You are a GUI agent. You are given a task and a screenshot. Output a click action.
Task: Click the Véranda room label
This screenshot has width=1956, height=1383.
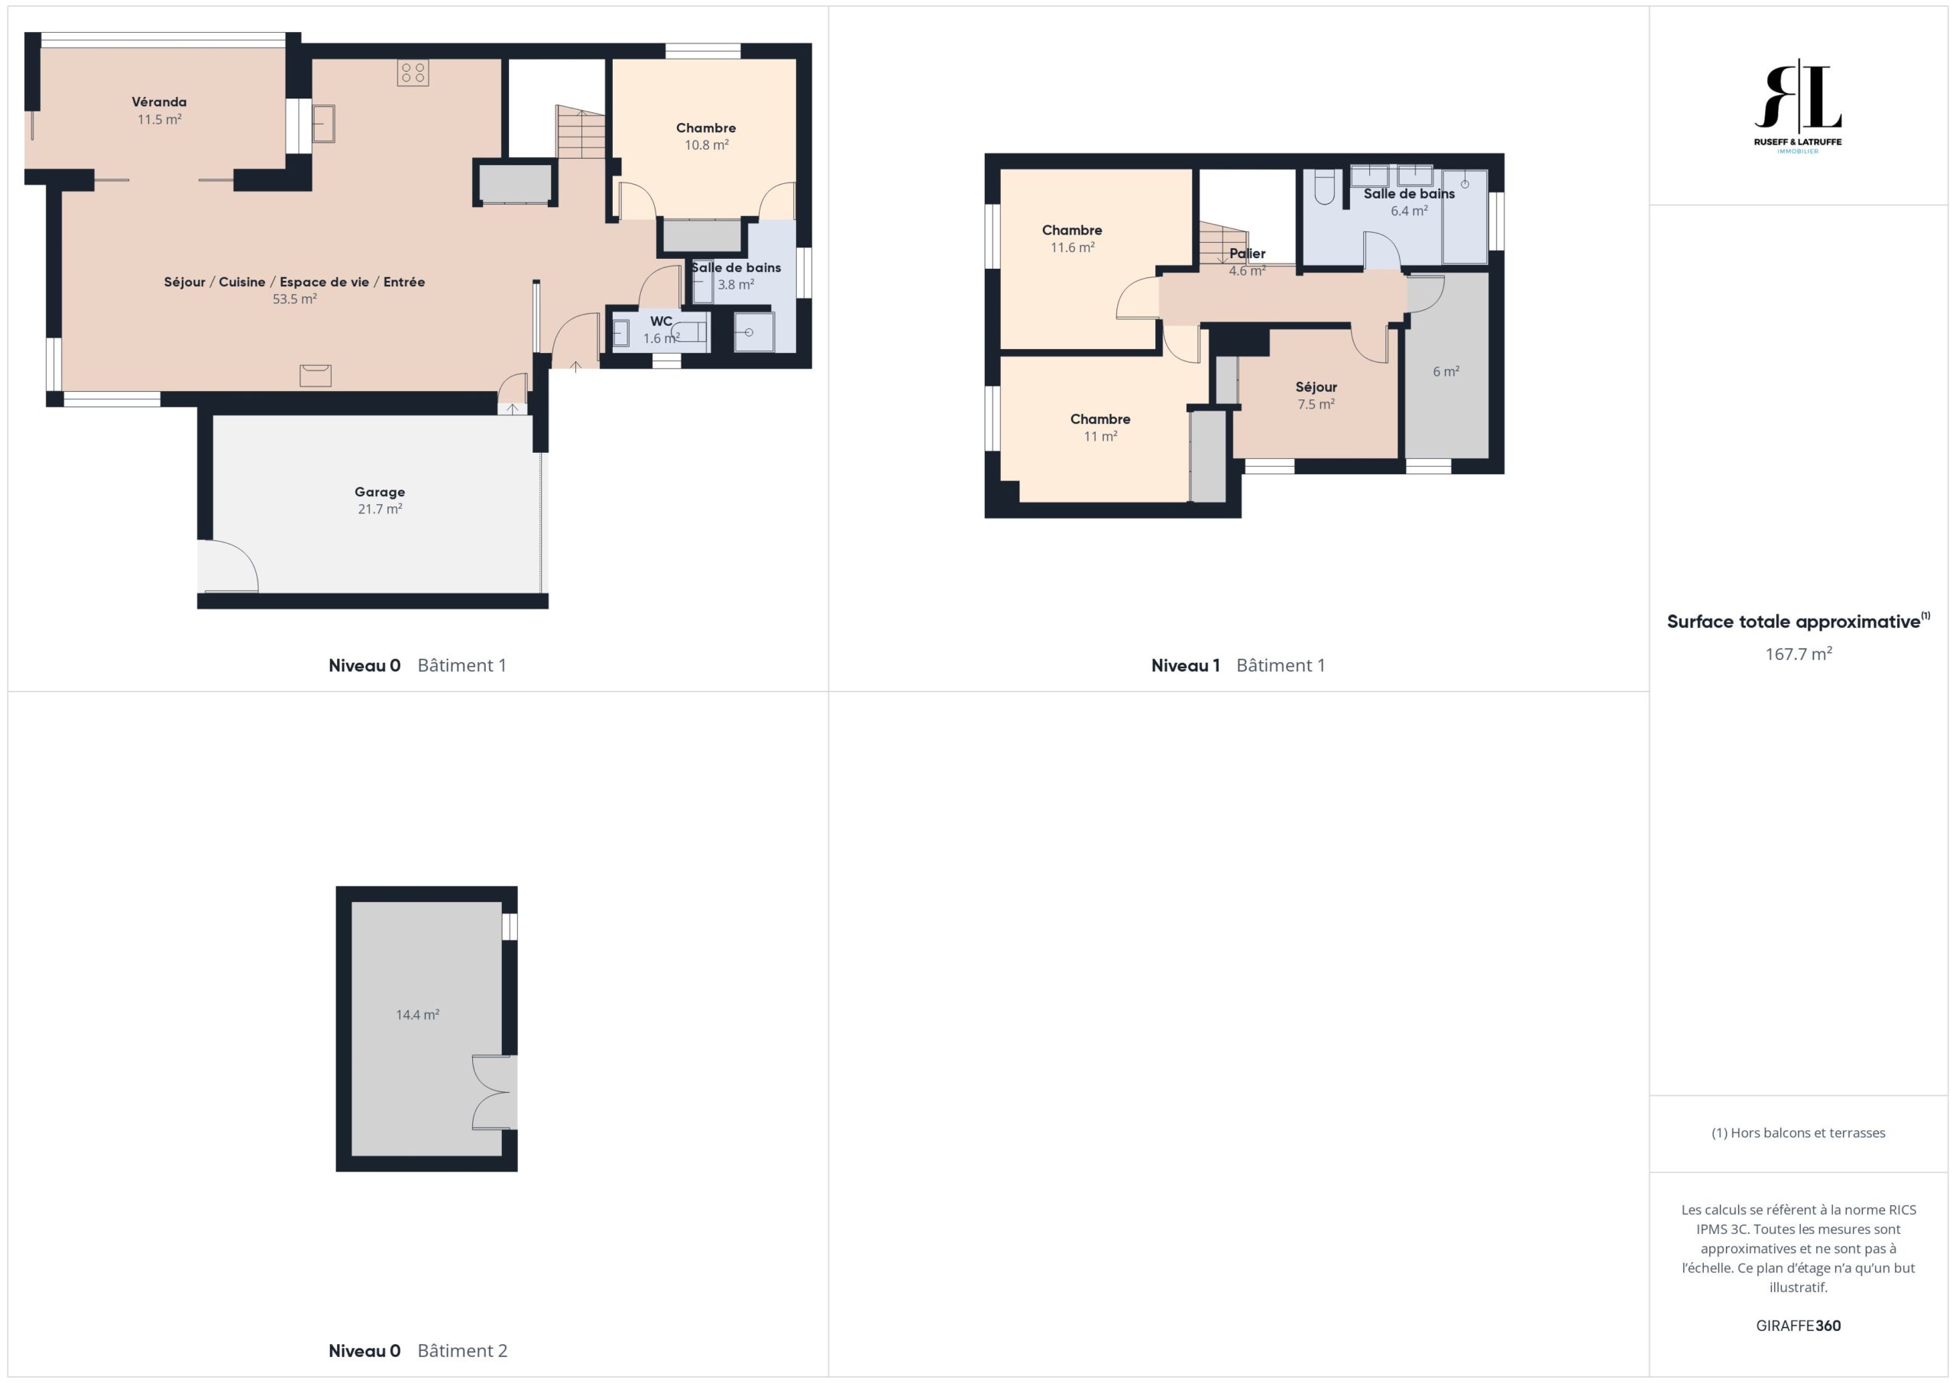point(160,102)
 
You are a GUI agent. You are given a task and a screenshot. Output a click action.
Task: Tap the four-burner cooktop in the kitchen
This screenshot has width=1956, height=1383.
point(413,73)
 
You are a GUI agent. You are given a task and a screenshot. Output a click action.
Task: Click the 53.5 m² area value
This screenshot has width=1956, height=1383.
point(295,299)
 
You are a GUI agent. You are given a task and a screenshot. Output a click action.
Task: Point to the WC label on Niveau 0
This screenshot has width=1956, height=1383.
point(661,321)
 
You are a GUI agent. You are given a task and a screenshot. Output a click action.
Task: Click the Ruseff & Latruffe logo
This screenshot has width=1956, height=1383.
point(1798,106)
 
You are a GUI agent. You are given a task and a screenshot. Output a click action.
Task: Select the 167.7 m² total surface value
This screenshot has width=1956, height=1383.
point(1799,653)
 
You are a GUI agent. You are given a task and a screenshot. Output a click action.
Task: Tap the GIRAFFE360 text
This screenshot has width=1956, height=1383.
point(1799,1325)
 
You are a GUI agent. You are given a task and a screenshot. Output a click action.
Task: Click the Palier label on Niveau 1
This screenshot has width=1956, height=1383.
point(1247,254)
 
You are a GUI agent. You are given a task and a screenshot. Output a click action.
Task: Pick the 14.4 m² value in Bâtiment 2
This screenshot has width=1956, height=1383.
point(417,1014)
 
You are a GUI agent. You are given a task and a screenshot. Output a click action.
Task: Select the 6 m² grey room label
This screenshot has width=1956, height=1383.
point(1446,371)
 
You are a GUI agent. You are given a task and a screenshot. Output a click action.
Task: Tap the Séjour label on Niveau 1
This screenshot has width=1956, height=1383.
point(1316,386)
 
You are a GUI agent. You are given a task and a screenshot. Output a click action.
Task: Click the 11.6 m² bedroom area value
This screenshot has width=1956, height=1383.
point(1073,248)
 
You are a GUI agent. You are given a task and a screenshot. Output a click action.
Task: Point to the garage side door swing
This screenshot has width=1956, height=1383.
point(228,565)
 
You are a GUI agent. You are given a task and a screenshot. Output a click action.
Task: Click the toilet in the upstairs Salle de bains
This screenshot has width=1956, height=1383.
point(1324,186)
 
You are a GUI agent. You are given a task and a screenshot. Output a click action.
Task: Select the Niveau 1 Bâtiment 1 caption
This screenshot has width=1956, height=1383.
point(1238,665)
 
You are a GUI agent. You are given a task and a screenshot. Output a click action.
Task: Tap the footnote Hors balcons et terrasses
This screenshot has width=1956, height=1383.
point(1799,1133)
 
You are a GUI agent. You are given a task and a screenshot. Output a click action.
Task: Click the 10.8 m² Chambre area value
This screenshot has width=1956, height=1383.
point(706,145)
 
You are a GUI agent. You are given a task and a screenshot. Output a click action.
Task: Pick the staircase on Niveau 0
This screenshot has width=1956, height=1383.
point(581,132)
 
